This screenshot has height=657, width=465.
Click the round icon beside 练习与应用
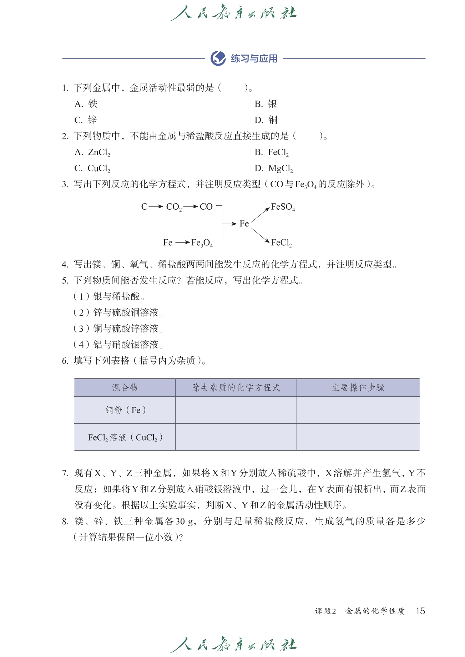pyautogui.click(x=218, y=58)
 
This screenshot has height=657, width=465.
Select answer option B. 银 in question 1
pyautogui.click(x=266, y=104)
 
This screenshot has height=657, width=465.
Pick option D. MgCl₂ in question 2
pyautogui.click(x=274, y=168)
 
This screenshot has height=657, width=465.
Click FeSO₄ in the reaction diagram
pyautogui.click(x=283, y=207)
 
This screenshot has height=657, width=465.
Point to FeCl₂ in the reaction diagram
pyautogui.click(x=282, y=243)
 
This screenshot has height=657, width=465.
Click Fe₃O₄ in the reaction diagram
pyautogui.click(x=202, y=243)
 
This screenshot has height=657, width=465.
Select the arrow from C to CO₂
pyautogui.click(x=156, y=207)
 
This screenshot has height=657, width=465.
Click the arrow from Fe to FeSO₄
pyautogui.click(x=260, y=215)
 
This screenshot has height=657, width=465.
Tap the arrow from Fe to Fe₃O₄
pyautogui.click(x=183, y=243)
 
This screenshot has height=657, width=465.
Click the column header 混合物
pyautogui.click(x=125, y=388)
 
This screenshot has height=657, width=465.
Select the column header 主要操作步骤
pyautogui.click(x=358, y=388)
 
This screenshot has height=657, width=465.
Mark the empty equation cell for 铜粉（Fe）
pyautogui.click(x=236, y=410)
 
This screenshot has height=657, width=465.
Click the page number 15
pyautogui.click(x=420, y=611)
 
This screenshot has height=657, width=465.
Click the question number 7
pyautogui.click(x=65, y=473)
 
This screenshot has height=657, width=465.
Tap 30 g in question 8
pyautogui.click(x=185, y=521)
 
